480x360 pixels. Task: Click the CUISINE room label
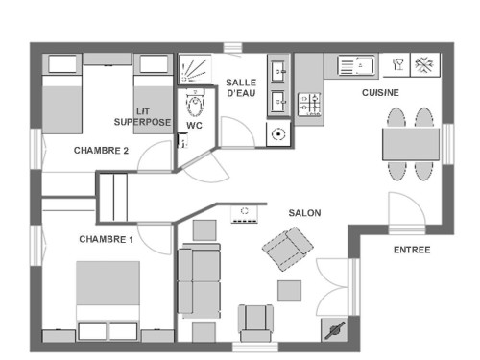click(x=380, y=93)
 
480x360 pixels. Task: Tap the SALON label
click(x=304, y=213)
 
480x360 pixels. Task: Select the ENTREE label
click(x=412, y=250)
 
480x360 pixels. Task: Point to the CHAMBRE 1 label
click(x=106, y=239)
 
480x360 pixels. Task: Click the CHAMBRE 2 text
click(x=101, y=151)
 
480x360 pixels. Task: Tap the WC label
click(x=194, y=126)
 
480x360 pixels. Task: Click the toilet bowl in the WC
click(x=195, y=104)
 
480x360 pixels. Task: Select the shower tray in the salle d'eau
click(x=195, y=69)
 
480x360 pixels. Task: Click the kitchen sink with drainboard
click(x=356, y=66)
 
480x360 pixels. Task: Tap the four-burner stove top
click(x=309, y=105)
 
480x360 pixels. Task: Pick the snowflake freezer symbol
click(x=424, y=65)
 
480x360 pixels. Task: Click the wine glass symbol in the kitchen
click(x=397, y=64)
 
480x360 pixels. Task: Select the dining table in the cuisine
click(x=411, y=144)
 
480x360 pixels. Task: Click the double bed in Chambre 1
click(x=108, y=300)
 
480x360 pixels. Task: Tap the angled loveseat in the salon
click(x=288, y=249)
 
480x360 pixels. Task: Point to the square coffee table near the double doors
click(x=289, y=291)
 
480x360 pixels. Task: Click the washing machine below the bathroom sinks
click(x=278, y=134)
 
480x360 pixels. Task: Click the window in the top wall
click(x=232, y=47)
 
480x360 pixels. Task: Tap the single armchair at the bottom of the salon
click(x=255, y=323)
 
